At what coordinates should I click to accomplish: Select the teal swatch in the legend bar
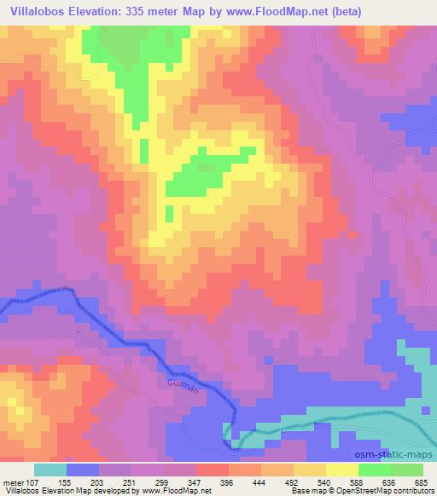50,470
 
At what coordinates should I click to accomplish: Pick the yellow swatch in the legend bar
341,470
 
